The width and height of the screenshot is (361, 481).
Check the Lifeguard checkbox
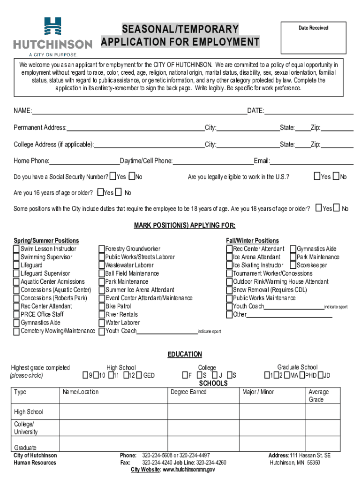[x=17, y=265]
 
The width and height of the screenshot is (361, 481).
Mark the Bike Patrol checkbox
[x=102, y=306]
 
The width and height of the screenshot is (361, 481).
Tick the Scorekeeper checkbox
[x=293, y=265]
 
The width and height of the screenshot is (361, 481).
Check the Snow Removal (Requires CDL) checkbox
[x=230, y=290]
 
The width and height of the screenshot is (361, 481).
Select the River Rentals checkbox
[x=102, y=314]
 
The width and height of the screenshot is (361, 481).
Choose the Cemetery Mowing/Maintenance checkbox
[x=17, y=331]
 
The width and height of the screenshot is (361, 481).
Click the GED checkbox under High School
[x=139, y=375]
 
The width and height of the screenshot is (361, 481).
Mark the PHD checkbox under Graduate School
[x=303, y=375]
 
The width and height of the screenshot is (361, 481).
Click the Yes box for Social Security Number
[x=113, y=177]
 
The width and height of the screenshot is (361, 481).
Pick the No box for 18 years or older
[x=337, y=208]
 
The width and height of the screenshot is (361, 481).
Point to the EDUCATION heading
[x=185, y=354]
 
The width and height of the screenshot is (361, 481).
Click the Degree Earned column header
[x=188, y=392]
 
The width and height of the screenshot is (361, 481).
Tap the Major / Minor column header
[x=258, y=392]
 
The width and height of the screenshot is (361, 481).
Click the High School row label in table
[x=29, y=412]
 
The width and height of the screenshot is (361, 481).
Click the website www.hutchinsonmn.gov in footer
[x=189, y=469]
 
